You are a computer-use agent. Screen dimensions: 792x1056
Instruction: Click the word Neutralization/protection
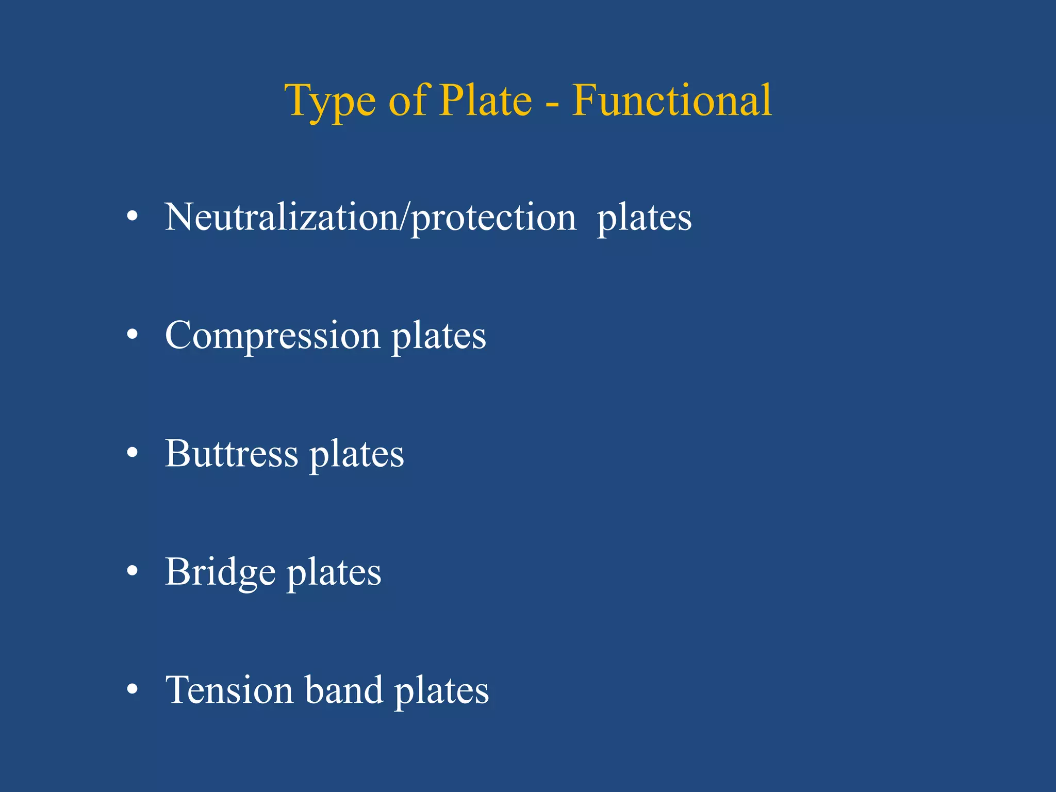pos(370,218)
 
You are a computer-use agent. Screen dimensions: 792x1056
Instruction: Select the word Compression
pos(272,335)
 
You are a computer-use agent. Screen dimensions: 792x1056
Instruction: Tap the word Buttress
pos(232,453)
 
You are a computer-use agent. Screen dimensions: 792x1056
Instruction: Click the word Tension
pos(229,690)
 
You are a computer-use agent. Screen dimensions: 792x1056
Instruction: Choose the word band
pos(344,690)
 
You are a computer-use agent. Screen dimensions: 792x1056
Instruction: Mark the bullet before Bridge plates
pos(133,571)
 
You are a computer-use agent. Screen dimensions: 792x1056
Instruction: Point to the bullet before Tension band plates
pos(133,689)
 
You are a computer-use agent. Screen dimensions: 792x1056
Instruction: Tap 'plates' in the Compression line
pos(438,337)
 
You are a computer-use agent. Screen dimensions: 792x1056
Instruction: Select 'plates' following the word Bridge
pos(334,573)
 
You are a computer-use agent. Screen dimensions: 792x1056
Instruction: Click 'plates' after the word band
pos(441,691)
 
